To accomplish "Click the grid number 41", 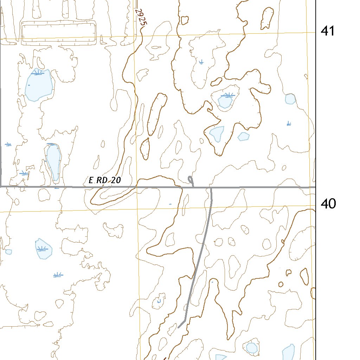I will click(327, 31).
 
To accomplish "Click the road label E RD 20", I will click(104, 181).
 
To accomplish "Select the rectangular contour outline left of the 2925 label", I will click(59, 33).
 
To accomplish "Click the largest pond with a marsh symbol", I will click(39, 85).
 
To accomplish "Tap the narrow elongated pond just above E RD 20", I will click(54, 162).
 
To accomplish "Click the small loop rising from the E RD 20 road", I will click(191, 180).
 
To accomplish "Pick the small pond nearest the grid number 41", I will click(290, 99).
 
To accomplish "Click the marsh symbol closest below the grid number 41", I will click(289, 123).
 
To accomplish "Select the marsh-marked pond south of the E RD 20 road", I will click(44, 249).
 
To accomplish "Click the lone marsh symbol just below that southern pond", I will click(58, 275).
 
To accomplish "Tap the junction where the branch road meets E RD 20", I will click(211, 187).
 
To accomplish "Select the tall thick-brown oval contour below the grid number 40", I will click(304, 276).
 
